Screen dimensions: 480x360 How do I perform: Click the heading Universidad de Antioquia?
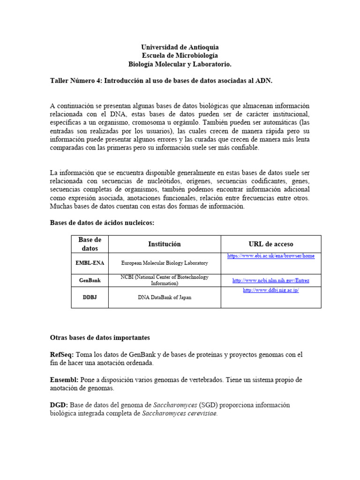point(180,47)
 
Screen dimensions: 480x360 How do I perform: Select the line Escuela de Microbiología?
point(180,56)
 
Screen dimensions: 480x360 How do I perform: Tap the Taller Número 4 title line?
point(161,81)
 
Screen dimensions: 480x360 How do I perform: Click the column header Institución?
point(164,244)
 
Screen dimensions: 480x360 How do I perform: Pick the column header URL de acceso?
point(270,244)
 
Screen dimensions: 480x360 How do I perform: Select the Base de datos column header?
point(90,244)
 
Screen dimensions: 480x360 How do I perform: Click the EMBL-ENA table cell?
point(90,263)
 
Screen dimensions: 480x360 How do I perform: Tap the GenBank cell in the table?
point(90,280)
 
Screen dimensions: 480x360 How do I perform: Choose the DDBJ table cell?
point(90,297)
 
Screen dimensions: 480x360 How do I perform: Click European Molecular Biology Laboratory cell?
point(164,263)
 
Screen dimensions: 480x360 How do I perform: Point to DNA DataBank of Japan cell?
point(164,297)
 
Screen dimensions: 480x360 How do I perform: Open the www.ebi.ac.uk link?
point(270,256)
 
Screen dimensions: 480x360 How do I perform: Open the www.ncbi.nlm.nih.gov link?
point(270,281)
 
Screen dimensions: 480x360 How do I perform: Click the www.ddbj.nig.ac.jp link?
point(270,290)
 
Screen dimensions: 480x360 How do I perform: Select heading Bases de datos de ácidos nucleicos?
point(102,223)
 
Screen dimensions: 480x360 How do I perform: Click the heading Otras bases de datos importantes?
point(100,337)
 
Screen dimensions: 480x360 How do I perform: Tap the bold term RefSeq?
point(62,355)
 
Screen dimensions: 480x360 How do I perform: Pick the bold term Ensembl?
point(64,380)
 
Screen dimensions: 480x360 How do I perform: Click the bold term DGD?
point(59,405)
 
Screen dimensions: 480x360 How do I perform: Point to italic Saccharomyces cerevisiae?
point(180,413)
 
